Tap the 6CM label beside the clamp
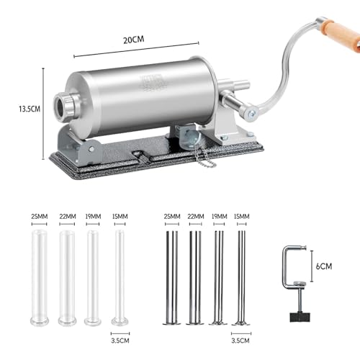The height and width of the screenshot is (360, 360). pyautogui.click(x=324, y=266)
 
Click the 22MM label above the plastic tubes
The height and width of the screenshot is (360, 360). pyautogui.click(x=67, y=215)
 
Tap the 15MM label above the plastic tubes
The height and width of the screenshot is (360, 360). pyautogui.click(x=120, y=215)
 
